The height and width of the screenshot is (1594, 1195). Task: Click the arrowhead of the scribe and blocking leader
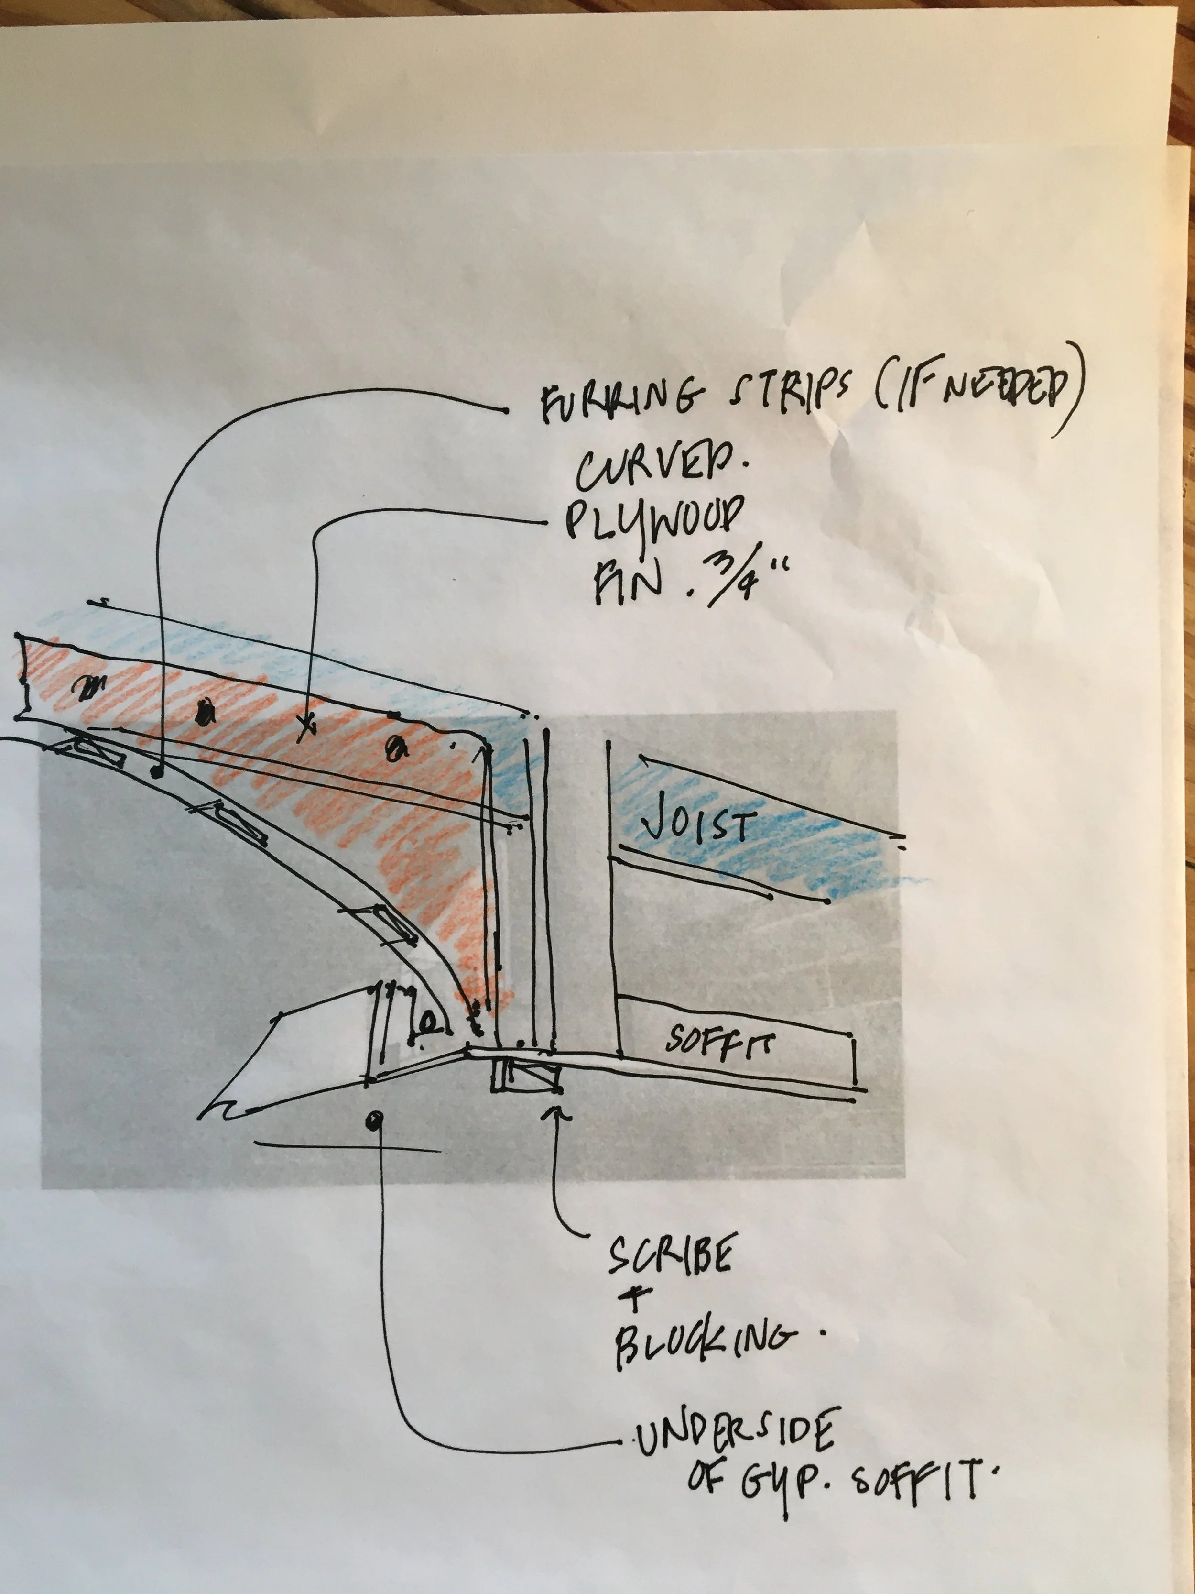pyautogui.click(x=557, y=1113)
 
